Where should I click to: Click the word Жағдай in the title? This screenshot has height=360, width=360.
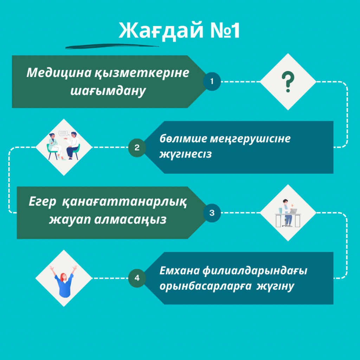point(161,31)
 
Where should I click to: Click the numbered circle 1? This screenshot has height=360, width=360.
point(212,82)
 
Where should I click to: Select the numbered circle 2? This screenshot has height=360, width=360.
point(137,148)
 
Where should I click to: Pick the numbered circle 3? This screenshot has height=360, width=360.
point(212,213)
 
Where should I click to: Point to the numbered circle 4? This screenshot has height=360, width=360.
point(137,278)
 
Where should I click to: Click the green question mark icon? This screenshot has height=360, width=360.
point(288,82)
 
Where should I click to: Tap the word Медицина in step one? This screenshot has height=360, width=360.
point(59,73)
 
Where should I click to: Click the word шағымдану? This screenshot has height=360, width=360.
point(108,91)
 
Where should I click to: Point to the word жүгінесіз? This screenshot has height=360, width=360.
point(186,154)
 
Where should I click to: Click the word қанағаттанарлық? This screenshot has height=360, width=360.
point(124,202)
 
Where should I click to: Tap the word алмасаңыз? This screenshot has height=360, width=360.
point(130,219)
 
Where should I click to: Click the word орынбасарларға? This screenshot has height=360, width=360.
point(205,286)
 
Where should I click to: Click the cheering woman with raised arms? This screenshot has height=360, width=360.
point(64,281)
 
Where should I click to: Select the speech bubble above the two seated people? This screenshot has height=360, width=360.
point(64,133)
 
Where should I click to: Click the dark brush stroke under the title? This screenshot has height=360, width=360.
point(112,46)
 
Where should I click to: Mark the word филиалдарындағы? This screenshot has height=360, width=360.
point(255,271)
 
